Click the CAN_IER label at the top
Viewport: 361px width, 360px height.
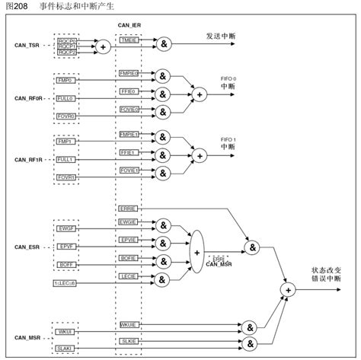tap(129, 25)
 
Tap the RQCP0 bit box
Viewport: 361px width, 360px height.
tap(66, 40)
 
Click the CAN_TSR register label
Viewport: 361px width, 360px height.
tap(29, 46)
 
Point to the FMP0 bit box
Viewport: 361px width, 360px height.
tap(65, 80)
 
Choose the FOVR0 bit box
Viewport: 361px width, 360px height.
tap(65, 116)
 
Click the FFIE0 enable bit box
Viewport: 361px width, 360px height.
tap(129, 91)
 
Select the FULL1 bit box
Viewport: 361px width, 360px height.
tap(65, 160)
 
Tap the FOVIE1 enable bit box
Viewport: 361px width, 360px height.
tap(129, 171)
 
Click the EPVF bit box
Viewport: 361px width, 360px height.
tap(65, 247)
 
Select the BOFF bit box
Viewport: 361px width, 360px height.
tap(65, 264)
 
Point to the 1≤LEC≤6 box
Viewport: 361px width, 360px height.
tap(65, 282)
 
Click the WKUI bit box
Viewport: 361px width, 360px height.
tap(65, 331)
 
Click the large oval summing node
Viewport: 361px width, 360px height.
tap(196, 250)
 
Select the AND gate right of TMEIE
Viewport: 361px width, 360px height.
tap(164, 46)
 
